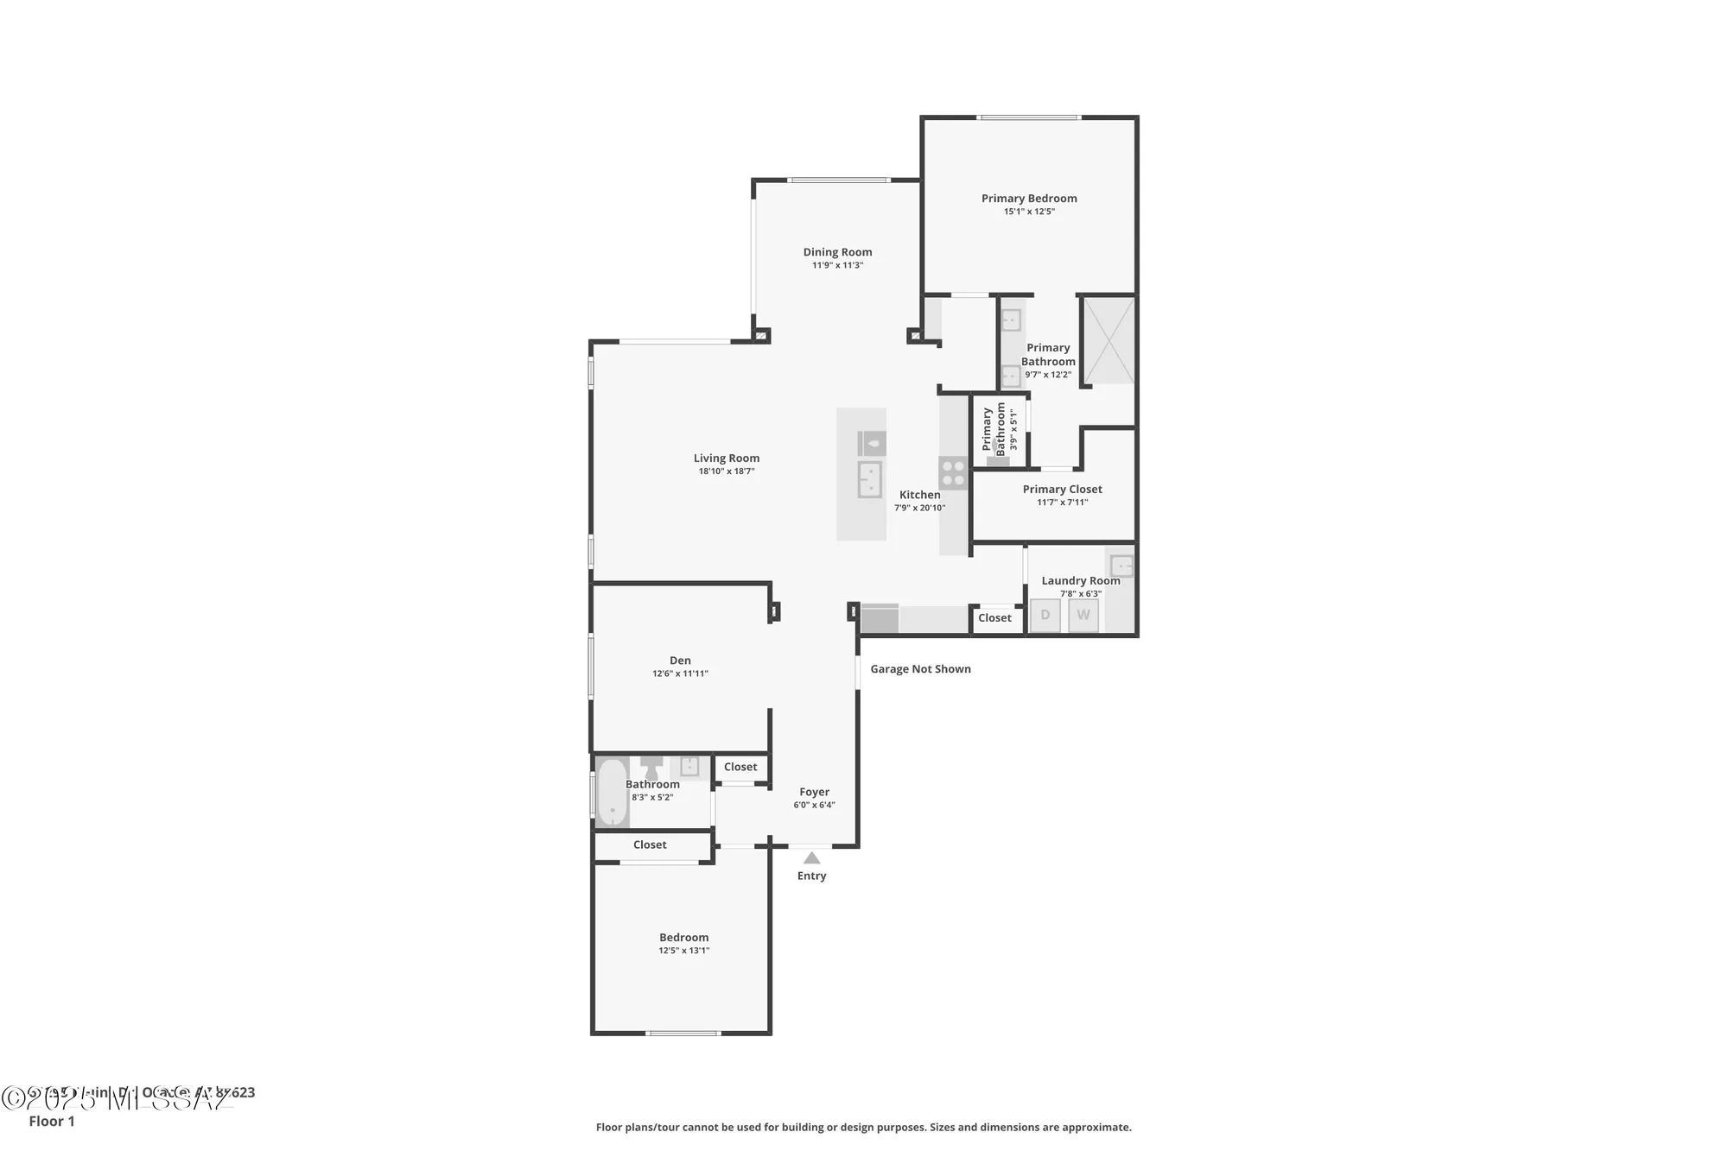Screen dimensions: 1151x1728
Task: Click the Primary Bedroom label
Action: click(1028, 199)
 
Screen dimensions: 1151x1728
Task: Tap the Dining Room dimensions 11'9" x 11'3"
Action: click(837, 265)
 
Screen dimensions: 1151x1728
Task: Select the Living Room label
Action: click(726, 459)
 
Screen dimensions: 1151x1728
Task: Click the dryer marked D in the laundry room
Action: click(1045, 616)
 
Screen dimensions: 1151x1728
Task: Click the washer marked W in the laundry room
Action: click(1083, 616)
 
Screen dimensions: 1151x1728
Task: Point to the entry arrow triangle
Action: click(811, 858)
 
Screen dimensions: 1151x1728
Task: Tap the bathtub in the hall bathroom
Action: click(612, 791)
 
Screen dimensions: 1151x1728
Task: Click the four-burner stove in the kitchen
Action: click(953, 473)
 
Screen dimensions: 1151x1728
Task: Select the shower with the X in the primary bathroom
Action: click(1109, 340)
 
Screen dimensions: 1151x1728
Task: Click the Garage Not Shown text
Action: click(920, 669)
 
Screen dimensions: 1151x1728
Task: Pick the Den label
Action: click(680, 661)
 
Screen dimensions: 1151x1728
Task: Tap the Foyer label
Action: click(814, 792)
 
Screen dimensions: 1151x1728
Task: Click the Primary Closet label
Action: click(1062, 490)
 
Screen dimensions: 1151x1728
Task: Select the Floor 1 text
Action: click(52, 1122)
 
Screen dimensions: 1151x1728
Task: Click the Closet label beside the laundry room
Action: click(994, 618)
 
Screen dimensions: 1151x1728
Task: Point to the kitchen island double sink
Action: click(869, 479)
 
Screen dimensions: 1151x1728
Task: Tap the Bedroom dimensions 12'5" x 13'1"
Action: click(683, 951)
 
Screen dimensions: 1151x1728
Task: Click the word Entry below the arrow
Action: click(811, 876)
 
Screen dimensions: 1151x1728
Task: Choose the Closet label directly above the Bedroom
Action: click(650, 845)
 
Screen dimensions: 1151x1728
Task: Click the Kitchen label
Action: click(919, 495)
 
